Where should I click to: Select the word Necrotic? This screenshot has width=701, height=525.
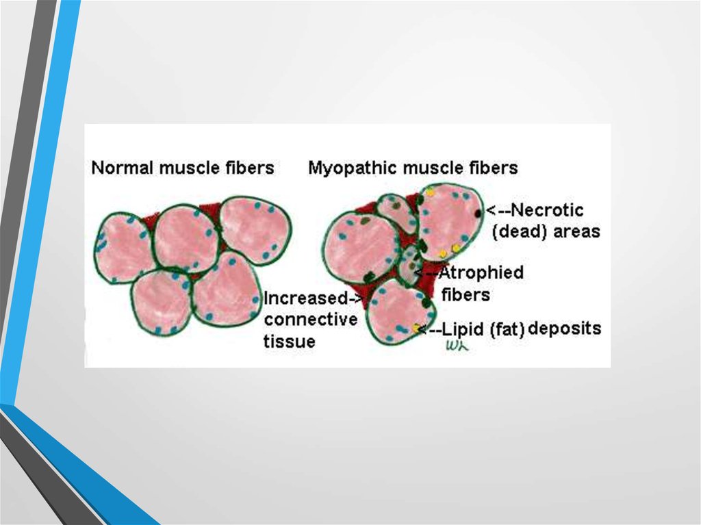(547, 209)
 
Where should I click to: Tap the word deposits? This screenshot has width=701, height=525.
(565, 329)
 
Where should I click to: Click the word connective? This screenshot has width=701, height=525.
(311, 319)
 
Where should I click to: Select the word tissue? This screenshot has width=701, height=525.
(290, 341)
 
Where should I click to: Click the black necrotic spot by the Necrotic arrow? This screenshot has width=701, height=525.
(479, 214)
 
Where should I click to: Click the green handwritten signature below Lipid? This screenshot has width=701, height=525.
(457, 346)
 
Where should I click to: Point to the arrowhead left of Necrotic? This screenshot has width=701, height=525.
(490, 210)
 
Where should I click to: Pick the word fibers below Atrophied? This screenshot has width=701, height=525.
(466, 295)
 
